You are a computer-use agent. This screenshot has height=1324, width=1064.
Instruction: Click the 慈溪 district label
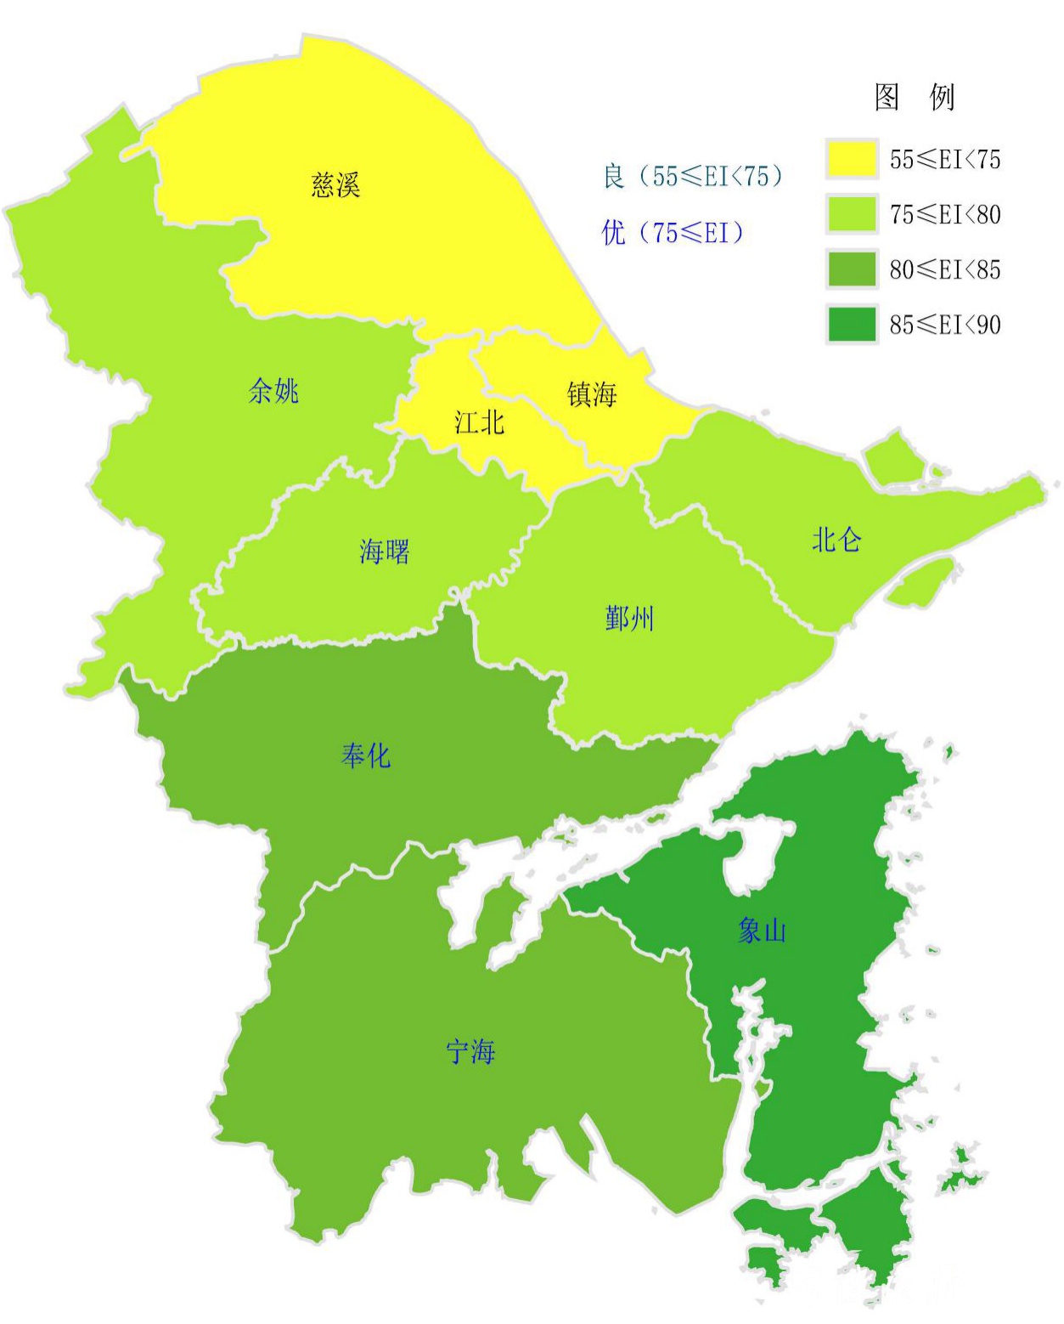[335, 184]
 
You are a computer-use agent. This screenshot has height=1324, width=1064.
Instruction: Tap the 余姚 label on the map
[273, 391]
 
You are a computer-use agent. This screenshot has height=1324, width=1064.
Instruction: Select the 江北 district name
[479, 422]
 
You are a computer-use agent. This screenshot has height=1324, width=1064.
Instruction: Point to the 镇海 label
[591, 394]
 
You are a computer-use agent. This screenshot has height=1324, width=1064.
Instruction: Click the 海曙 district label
[384, 552]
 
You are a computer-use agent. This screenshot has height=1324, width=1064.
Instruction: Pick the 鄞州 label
[629, 619]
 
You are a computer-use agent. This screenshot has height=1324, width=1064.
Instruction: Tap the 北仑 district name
[836, 540]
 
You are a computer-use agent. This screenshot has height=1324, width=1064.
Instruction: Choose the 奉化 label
[365, 755]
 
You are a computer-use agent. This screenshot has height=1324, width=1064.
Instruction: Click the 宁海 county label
[470, 1052]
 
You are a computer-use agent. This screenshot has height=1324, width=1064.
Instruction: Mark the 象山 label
[762, 931]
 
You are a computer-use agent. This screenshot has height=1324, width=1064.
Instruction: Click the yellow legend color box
[851, 159]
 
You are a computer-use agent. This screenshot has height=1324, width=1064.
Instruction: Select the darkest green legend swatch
[851, 325]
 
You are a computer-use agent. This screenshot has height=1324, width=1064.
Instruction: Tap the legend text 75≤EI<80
[945, 214]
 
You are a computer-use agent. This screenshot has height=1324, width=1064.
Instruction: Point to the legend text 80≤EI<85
[945, 269]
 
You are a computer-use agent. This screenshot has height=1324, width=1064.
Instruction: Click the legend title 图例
[915, 97]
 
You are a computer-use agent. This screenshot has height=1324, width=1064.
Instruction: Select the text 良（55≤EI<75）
[693, 176]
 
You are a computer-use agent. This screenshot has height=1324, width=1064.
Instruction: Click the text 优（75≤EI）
[673, 232]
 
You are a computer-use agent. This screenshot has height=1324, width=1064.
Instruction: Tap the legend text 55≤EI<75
[945, 159]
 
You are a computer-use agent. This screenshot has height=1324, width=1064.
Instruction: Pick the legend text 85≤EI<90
[945, 325]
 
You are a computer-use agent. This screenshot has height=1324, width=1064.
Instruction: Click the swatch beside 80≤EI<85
[851, 269]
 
